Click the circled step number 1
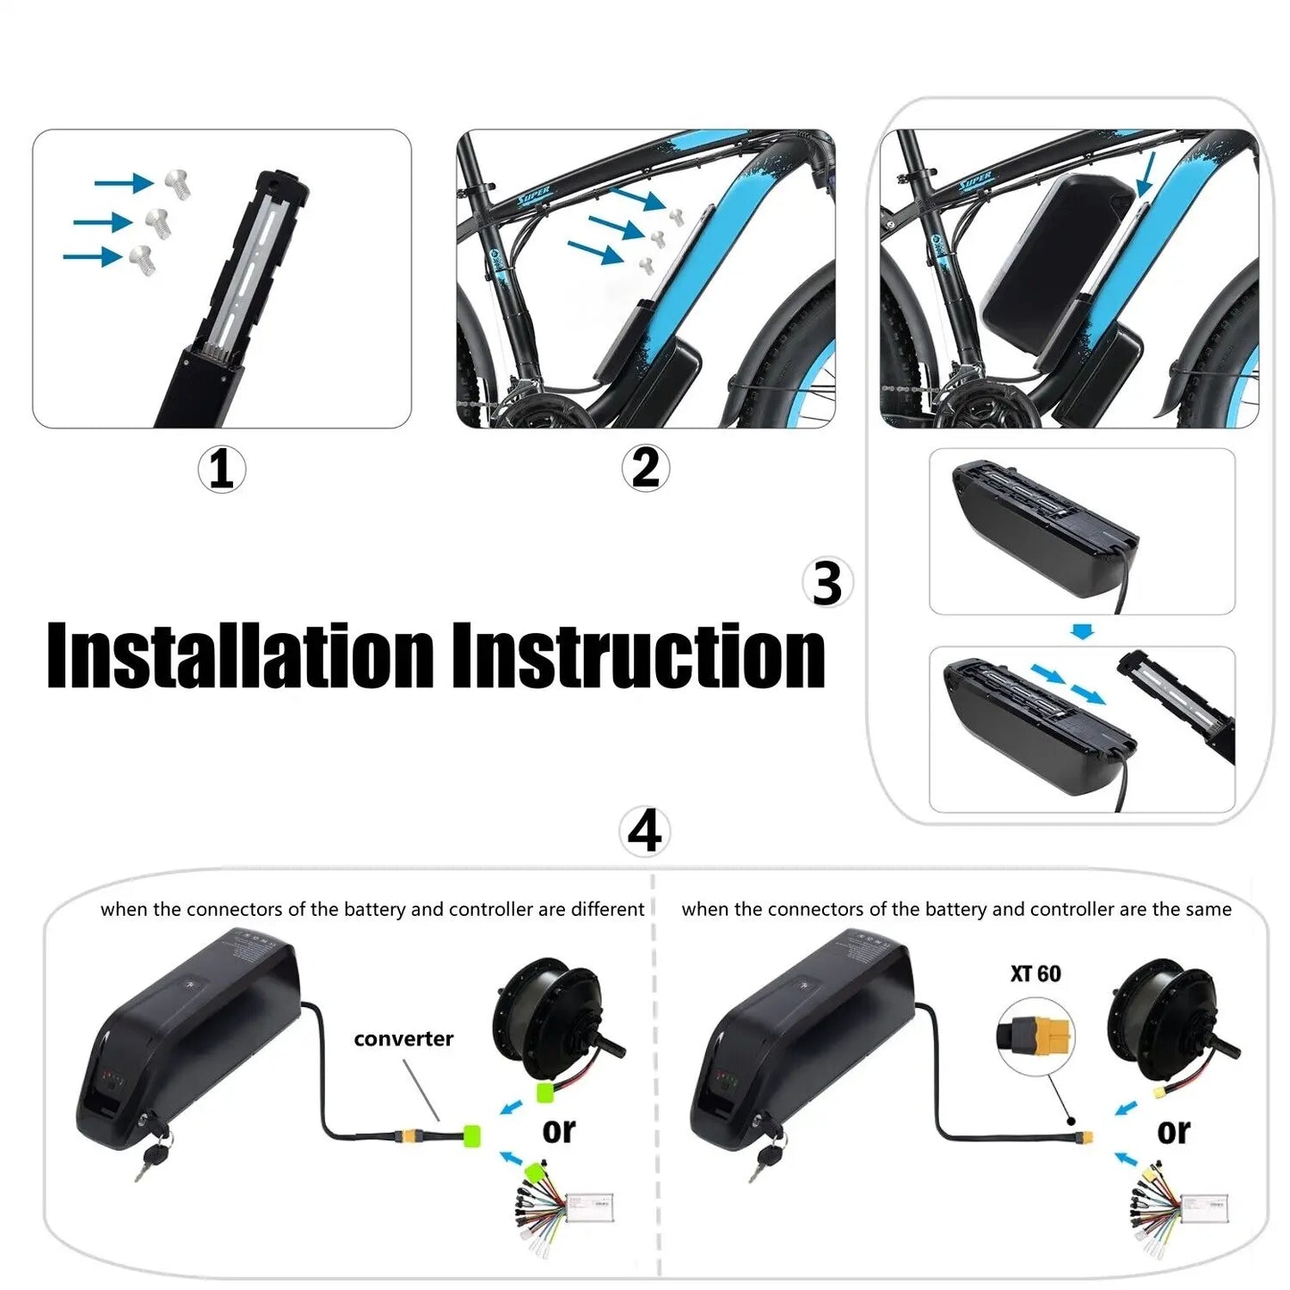coord(221,469)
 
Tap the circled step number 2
coord(645,468)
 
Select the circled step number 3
coord(827,583)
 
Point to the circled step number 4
coord(644,831)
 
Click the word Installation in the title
coord(240,656)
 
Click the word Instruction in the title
coord(638,656)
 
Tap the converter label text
coord(404,1039)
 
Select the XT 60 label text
coord(1036,974)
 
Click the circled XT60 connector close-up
coord(1036,1036)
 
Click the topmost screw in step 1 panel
coord(178,183)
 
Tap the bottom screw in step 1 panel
coord(142,259)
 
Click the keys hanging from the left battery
coord(152,1153)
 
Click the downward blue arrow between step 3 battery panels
coord(1082,632)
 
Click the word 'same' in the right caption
coord(1211,910)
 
